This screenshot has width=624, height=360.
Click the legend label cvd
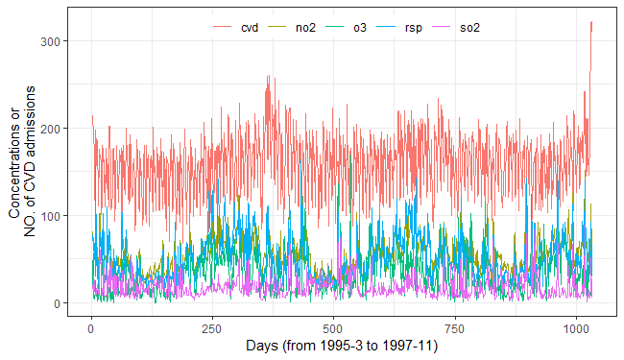coord(251,29)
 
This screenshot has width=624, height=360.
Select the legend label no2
coord(306,29)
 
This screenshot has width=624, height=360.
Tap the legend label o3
coord(360,29)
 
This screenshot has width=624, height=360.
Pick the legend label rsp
coord(414,29)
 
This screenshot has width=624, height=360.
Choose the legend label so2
coord(470,29)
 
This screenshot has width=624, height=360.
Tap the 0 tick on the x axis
coord(91,326)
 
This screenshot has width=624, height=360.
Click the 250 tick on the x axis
coord(212,326)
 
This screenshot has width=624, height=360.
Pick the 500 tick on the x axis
coord(333,326)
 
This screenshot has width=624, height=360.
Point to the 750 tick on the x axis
coord(454,326)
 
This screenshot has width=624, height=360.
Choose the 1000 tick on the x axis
coord(575,326)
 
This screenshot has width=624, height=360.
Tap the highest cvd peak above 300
coord(591,22)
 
